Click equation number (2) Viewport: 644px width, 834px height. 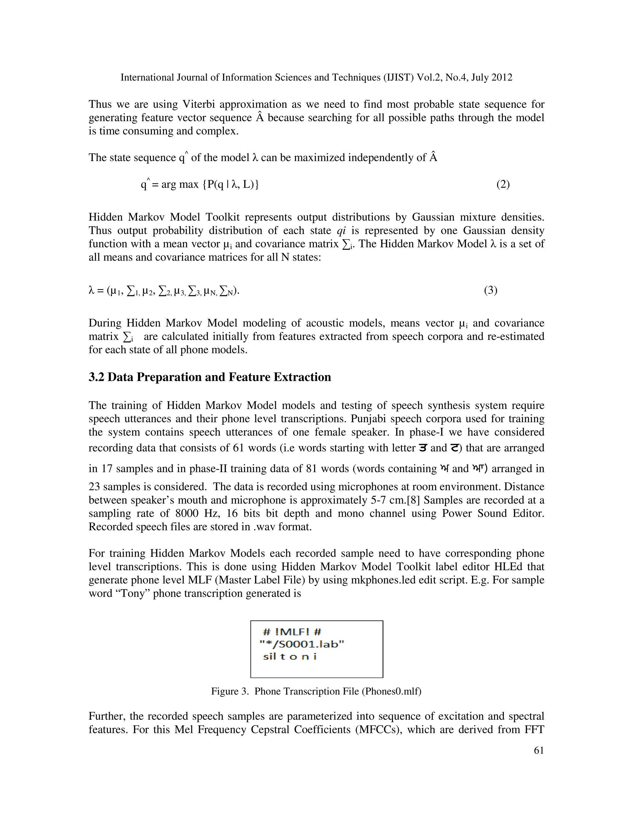pyautogui.click(x=503, y=184)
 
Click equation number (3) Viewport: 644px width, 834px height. pyautogui.click(x=491, y=290)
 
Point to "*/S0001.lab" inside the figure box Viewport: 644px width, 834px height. pyautogui.click(x=301, y=644)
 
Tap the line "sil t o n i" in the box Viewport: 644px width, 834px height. pyautogui.click(x=290, y=657)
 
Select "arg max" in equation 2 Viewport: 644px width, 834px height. pyautogui.click(x=180, y=185)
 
